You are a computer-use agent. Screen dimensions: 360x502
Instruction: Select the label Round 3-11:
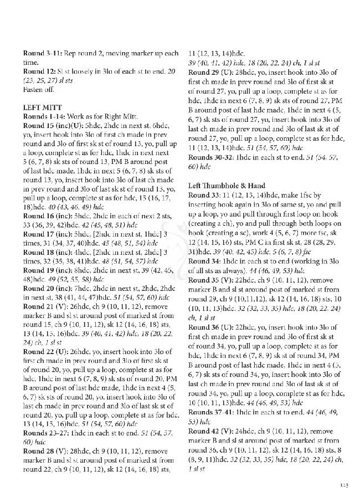pos(43,53)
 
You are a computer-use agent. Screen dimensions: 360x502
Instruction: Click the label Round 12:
pos(39,71)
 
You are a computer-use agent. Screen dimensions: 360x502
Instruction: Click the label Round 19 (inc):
pos(46,268)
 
